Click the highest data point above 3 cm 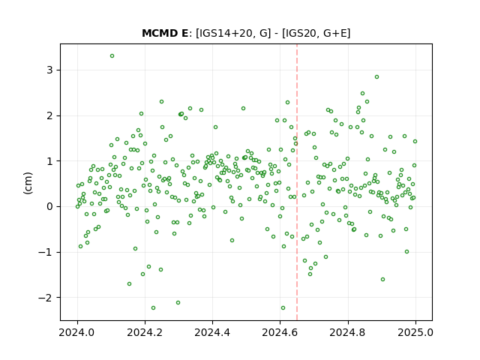pyautogui.click(x=112, y=56)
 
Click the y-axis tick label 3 pyautogui.click(x=49, y=70)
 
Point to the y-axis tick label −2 pyautogui.click(x=45, y=298)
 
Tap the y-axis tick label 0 pyautogui.click(x=49, y=207)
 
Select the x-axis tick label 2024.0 pyautogui.click(x=77, y=332)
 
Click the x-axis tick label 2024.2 pyautogui.click(x=145, y=332)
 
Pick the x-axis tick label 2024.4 pyautogui.click(x=212, y=332)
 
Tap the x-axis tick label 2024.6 pyautogui.click(x=280, y=332)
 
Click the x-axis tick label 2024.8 pyautogui.click(x=348, y=332)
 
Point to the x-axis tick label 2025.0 pyautogui.click(x=415, y=332)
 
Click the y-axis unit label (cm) pyautogui.click(x=28, y=183)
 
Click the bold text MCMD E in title pyautogui.click(x=165, y=33)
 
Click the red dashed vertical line pyautogui.click(x=297, y=182)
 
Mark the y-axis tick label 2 pyautogui.click(x=49, y=115)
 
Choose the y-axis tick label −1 pyautogui.click(x=45, y=252)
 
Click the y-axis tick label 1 pyautogui.click(x=49, y=161)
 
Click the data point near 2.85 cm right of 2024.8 pyautogui.click(x=376, y=76)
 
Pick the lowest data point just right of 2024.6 pyautogui.click(x=283, y=308)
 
